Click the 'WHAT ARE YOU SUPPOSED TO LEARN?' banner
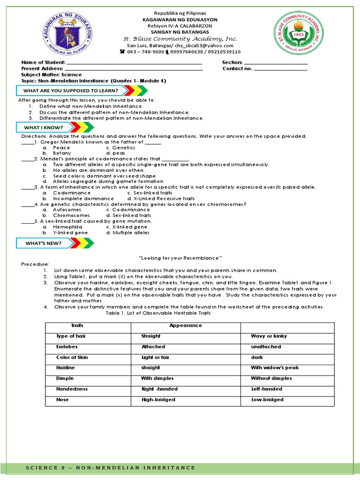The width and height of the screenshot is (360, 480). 70,90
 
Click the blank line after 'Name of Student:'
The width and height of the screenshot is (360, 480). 135,63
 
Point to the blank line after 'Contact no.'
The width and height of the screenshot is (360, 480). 280,69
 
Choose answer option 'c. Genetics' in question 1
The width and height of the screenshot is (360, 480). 120,148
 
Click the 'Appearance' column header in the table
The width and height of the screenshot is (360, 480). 186,325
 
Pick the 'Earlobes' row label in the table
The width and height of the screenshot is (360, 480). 66,347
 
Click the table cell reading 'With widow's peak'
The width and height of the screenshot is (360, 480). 274,368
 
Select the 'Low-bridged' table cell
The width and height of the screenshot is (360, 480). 267,400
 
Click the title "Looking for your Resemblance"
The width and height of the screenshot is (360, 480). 180,258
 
